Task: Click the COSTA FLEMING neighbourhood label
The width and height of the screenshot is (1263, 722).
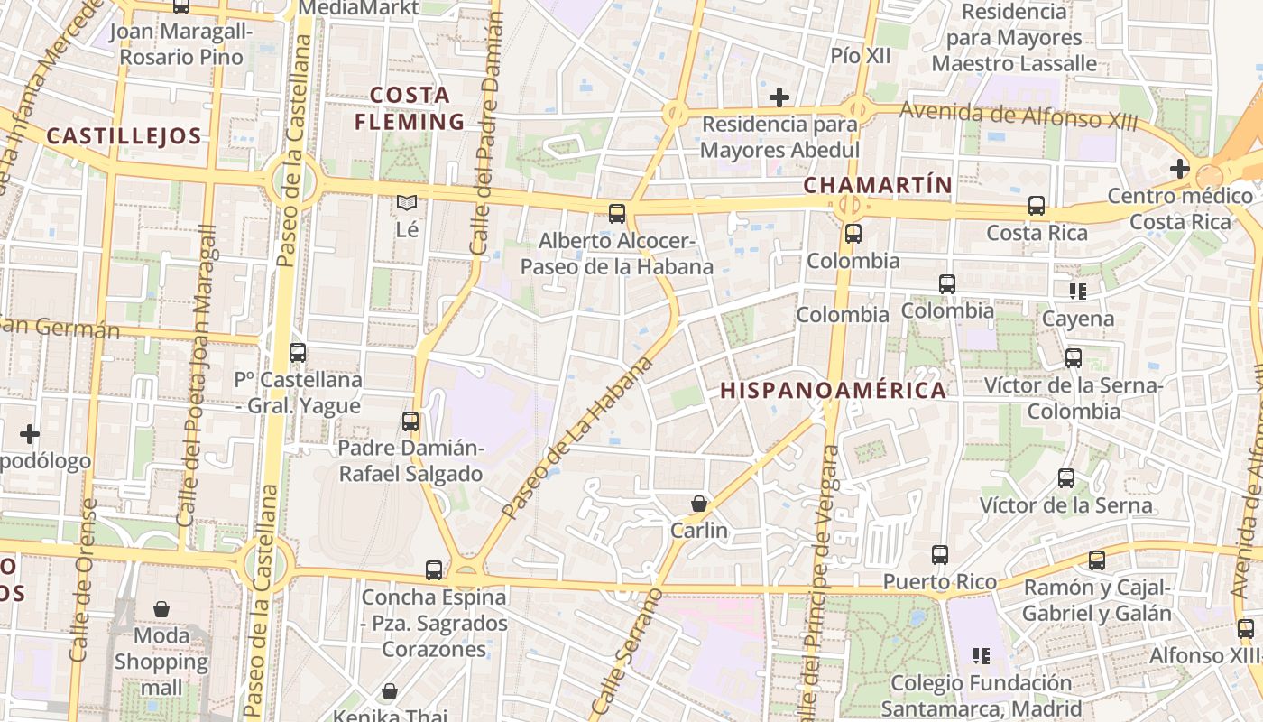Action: click(410, 108)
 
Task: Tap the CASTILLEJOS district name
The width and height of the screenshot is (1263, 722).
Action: click(124, 136)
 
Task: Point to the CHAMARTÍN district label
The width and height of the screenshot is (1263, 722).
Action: click(877, 185)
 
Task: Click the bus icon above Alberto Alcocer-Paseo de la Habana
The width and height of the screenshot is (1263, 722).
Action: click(617, 214)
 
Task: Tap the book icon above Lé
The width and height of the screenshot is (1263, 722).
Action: click(407, 203)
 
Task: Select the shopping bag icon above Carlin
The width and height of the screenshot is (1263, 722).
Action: click(699, 504)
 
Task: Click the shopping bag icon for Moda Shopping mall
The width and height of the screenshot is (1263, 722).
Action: click(161, 609)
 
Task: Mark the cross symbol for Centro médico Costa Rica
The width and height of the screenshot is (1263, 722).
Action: click(1179, 168)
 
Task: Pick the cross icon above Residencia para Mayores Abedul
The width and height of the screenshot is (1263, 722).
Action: click(779, 97)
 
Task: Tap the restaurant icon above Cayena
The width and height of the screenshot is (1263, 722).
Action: click(1077, 291)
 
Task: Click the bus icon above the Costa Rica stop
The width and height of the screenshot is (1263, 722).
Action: click(1037, 206)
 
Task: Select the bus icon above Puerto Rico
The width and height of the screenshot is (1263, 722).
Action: click(940, 555)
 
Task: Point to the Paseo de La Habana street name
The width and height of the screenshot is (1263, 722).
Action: click(577, 439)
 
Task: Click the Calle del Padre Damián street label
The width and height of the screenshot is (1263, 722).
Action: click(488, 126)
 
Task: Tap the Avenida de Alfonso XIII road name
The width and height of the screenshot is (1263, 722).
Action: click(1019, 116)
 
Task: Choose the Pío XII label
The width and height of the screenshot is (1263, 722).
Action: click(860, 56)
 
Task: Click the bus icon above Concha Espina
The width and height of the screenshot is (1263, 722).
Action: click(434, 570)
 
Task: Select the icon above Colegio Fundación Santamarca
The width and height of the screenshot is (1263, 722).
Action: click(981, 655)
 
